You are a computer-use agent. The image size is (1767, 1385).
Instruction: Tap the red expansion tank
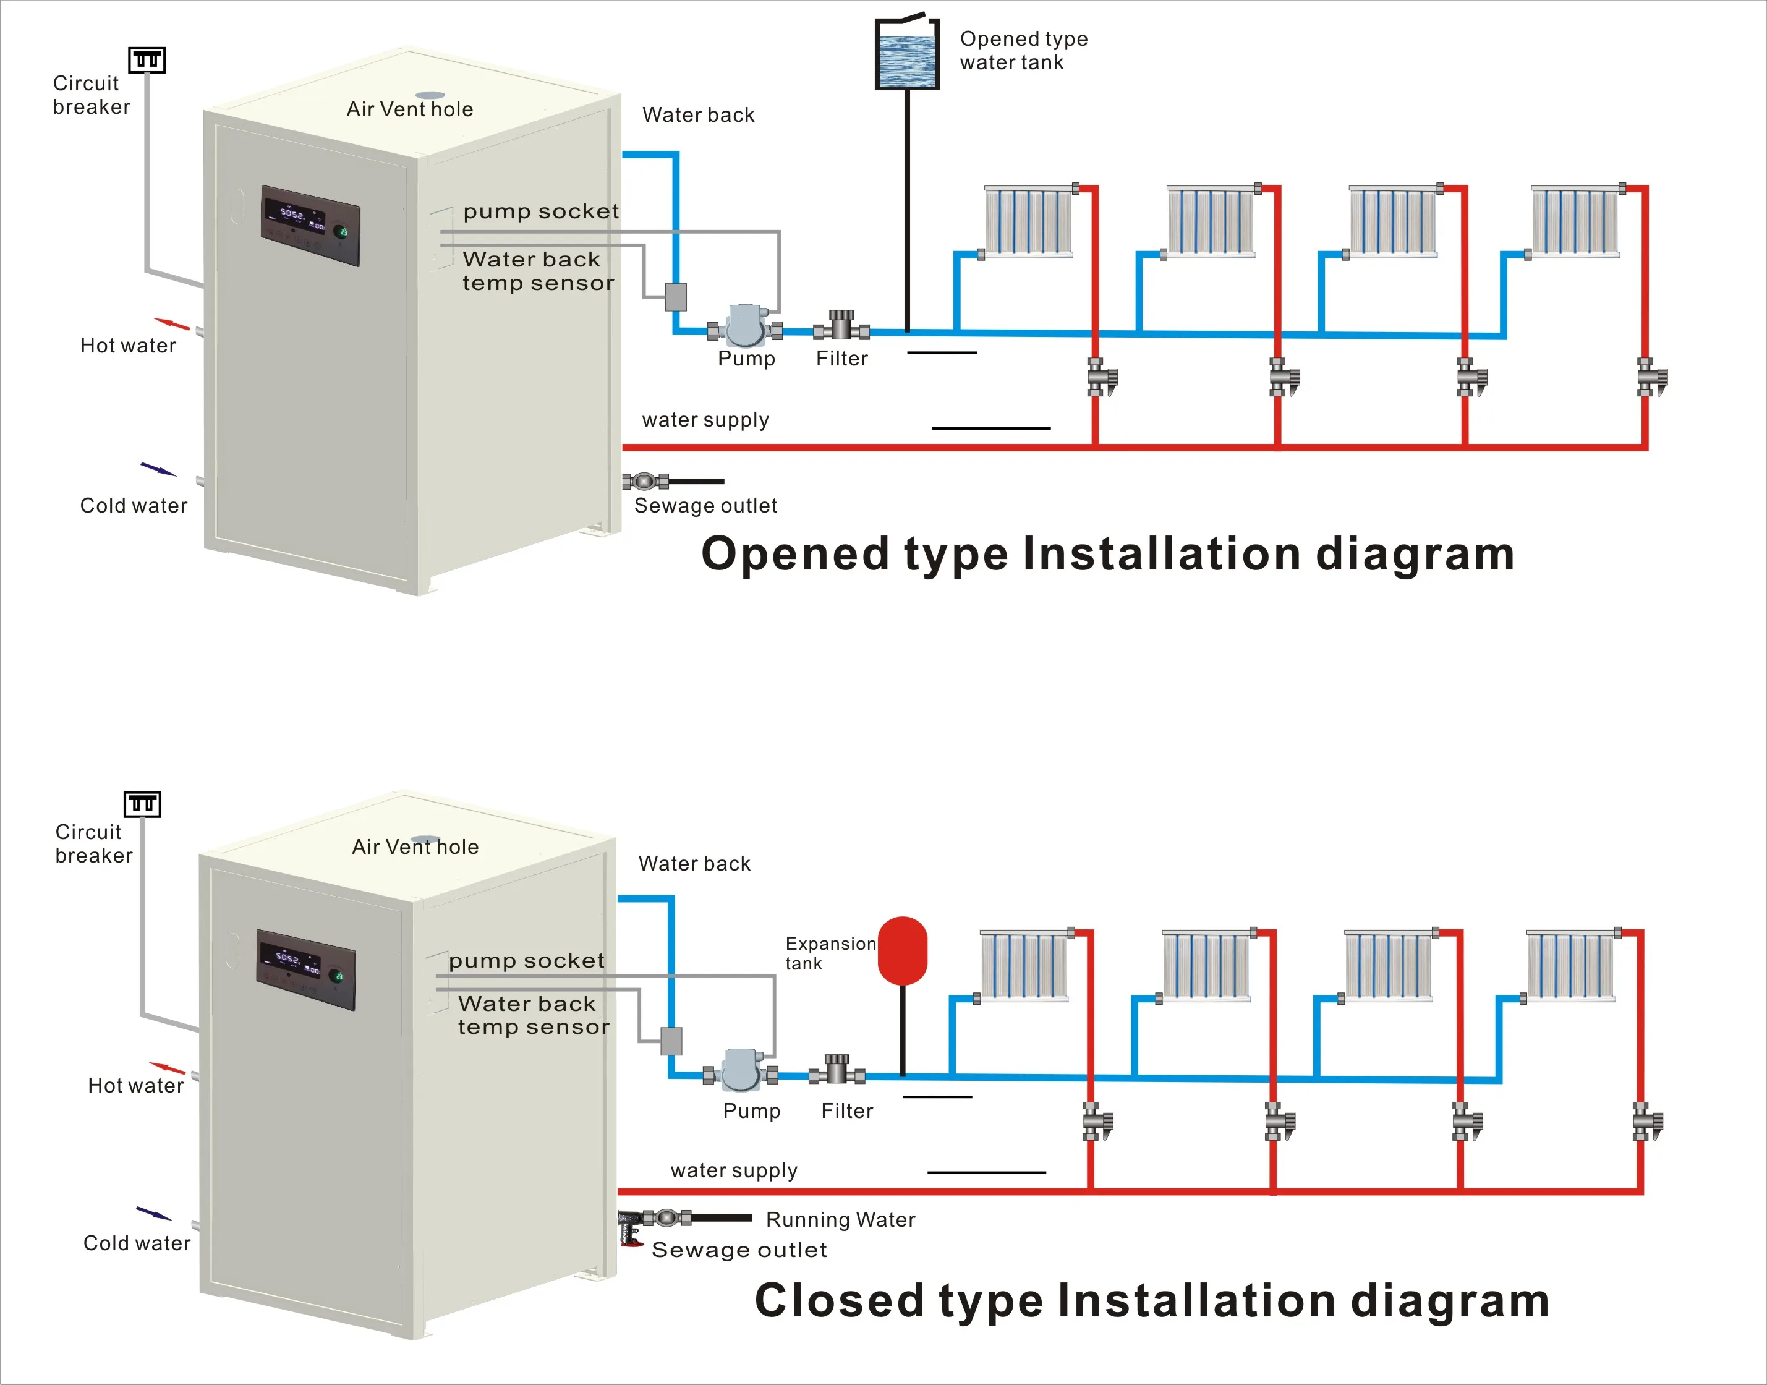903,950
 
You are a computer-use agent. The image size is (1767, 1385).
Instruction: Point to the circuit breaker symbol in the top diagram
147,60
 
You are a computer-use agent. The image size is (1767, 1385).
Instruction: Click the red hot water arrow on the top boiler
171,325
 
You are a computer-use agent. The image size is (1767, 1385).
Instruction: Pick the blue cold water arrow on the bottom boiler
153,1213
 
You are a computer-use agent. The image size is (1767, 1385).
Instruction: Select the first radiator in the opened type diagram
1028,221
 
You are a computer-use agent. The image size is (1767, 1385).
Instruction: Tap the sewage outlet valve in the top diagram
645,482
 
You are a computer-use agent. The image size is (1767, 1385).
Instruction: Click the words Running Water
840,1219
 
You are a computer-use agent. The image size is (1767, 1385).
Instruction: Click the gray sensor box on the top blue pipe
676,297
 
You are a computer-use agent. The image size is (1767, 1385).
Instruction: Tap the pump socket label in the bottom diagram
526,961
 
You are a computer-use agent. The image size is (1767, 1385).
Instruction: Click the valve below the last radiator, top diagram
1650,378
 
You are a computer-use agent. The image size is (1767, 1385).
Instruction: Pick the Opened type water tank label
1023,50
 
